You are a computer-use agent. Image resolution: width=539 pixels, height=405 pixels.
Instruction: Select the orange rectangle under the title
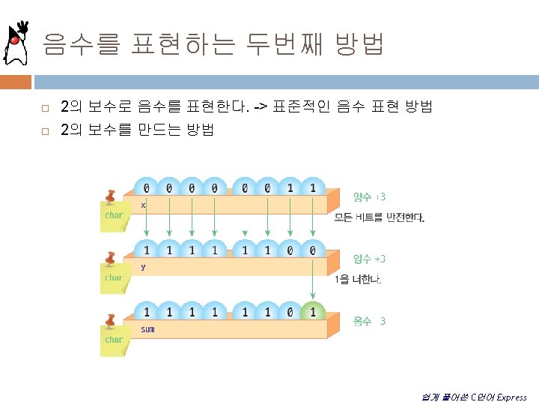click(16, 81)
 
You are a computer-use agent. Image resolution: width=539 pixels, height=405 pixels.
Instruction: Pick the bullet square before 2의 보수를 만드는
click(45, 130)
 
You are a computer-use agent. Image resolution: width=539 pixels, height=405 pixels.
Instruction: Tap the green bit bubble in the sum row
click(312, 312)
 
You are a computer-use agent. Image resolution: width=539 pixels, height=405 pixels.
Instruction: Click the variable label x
click(143, 205)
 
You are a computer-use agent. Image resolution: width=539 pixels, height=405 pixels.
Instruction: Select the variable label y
click(143, 266)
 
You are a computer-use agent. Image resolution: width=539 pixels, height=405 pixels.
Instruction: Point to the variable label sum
click(147, 329)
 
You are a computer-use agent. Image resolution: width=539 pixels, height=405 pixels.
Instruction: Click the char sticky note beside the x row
click(114, 215)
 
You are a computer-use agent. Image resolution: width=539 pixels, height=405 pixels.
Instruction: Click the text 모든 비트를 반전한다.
click(380, 218)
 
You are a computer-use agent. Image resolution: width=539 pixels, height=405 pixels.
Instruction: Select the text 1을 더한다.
click(358, 280)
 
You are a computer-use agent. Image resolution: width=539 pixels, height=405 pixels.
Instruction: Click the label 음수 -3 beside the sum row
click(370, 321)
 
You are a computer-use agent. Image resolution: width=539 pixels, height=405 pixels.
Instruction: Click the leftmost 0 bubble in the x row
click(146, 188)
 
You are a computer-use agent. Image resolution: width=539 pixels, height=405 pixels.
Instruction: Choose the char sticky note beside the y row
click(114, 277)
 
